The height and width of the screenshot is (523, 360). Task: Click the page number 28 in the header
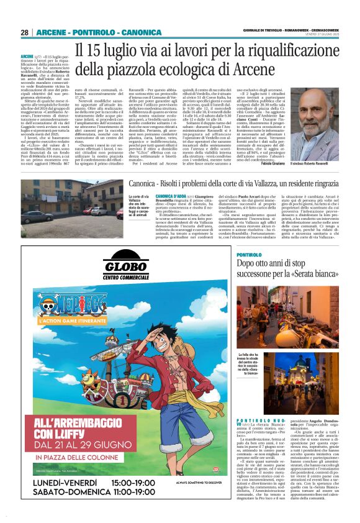[x=25, y=32]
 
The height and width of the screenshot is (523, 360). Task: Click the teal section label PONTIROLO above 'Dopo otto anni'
[x=249, y=255]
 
